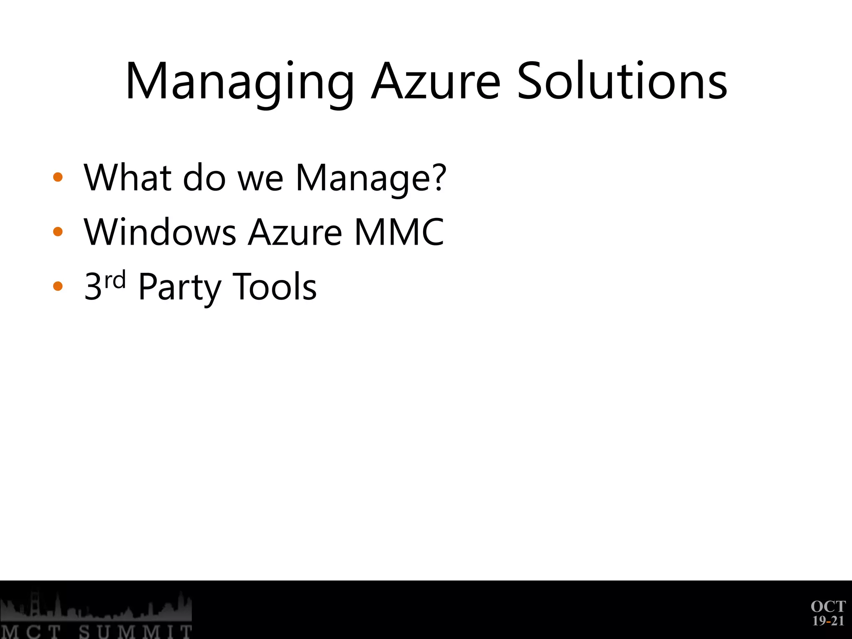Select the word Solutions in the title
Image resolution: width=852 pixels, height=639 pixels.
click(x=622, y=81)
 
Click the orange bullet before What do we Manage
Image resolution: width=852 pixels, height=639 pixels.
click(x=58, y=177)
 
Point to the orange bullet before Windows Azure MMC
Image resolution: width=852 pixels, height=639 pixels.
click(x=58, y=232)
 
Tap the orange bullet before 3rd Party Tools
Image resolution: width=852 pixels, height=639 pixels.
click(x=58, y=286)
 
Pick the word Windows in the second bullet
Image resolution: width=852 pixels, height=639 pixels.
click(x=160, y=232)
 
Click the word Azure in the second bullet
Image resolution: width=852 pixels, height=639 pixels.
click(x=295, y=232)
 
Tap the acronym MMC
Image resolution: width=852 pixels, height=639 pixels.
click(x=399, y=232)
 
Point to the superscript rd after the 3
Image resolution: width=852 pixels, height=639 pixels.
click(x=115, y=280)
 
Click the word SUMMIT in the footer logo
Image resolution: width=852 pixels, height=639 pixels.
click(x=136, y=632)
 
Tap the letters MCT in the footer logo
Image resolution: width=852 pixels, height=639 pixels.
click(x=31, y=632)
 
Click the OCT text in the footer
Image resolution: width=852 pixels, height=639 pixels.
click(x=828, y=607)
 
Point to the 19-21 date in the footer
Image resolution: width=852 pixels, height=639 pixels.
click(x=828, y=621)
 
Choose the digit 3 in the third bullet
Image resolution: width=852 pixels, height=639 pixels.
click(x=93, y=287)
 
